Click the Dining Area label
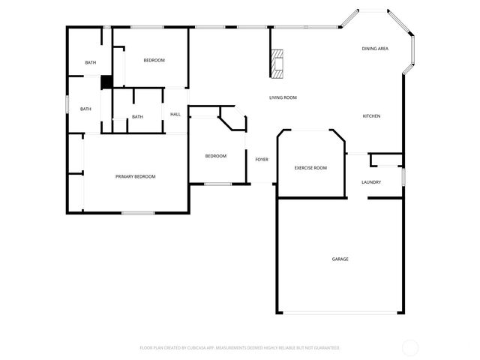click(374, 49)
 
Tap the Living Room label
click(283, 97)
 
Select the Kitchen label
click(371, 116)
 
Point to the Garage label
click(340, 259)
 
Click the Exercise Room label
click(310, 168)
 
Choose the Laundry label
click(371, 182)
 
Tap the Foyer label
click(262, 160)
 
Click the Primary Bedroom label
click(136, 176)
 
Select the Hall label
click(175, 114)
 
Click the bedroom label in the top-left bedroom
click(154, 60)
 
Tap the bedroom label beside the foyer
click(216, 156)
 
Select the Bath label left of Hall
click(137, 117)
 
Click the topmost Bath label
click(90, 62)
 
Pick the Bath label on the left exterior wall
click(85, 109)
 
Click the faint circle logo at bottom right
click(410, 347)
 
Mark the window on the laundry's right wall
click(403, 175)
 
